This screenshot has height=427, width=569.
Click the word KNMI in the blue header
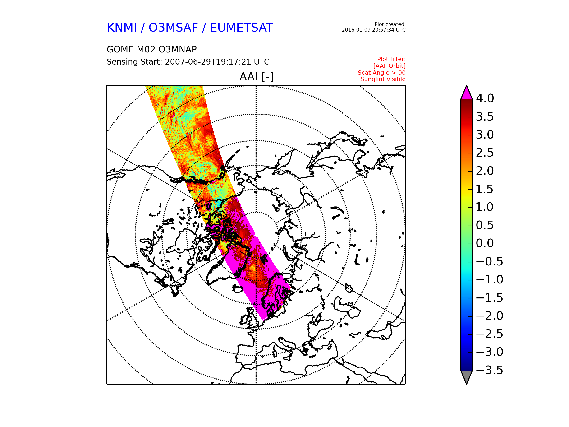(122, 28)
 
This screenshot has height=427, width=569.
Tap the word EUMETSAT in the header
(241, 28)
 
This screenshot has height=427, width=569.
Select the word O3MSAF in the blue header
(173, 28)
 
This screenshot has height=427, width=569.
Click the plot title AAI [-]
(256, 77)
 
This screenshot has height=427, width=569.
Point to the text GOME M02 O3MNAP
(152, 49)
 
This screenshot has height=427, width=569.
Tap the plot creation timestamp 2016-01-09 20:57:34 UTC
(373, 30)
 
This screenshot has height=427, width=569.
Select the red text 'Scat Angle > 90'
(381, 73)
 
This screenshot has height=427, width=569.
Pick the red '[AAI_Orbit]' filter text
(390, 66)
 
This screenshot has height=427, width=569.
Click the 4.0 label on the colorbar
(485, 98)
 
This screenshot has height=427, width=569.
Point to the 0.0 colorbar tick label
(485, 243)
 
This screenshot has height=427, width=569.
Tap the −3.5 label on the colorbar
(489, 370)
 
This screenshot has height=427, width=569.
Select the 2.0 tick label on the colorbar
(485, 171)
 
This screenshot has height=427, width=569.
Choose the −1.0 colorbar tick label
(489, 279)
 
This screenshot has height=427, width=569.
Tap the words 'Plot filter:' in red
(391, 60)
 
